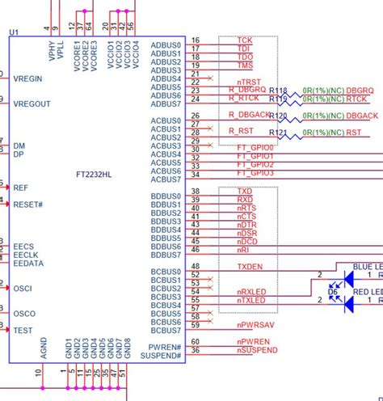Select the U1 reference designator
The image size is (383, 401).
coord(14,32)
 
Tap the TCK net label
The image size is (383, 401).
coord(244,40)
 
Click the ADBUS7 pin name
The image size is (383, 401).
coord(166,103)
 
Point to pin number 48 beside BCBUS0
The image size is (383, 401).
coord(195,267)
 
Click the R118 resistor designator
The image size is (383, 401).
coord(277,91)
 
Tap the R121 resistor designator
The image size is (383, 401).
coord(277,132)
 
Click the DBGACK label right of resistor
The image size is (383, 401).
coord(363,116)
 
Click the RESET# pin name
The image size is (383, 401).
coord(28,205)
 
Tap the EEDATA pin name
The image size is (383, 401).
coord(28,264)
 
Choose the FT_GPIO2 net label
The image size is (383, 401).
coord(255,165)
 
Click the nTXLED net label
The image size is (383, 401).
coord(250,300)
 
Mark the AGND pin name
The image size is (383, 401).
coord(44,348)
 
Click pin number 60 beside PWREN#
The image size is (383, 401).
coord(195,342)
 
